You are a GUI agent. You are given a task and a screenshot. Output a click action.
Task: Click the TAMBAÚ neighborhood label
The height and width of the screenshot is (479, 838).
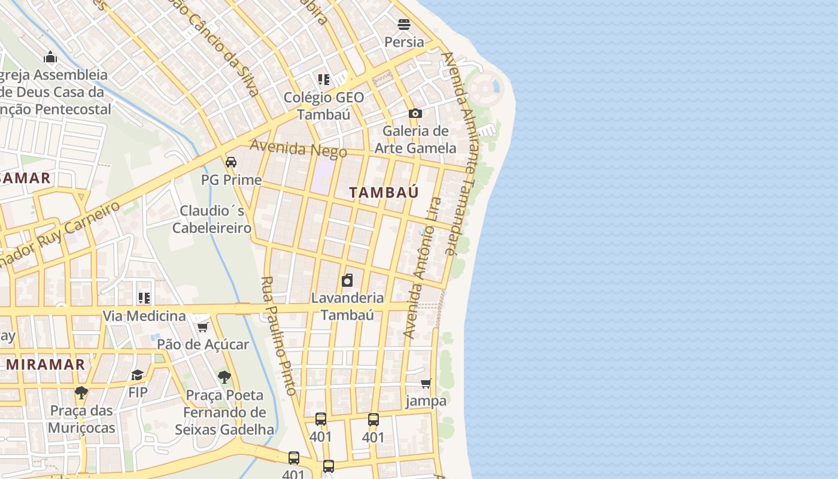pyautogui.click(x=384, y=192)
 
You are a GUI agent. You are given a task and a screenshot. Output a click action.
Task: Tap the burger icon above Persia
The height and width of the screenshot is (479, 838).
pyautogui.click(x=404, y=25)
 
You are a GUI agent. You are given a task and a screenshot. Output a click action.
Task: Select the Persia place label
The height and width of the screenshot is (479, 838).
pyautogui.click(x=404, y=42)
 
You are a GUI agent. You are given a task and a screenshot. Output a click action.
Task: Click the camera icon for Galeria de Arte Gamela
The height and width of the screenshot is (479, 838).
pyautogui.click(x=415, y=113)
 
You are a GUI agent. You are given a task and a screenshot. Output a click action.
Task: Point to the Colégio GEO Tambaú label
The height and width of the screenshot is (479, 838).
pyautogui.click(x=324, y=105)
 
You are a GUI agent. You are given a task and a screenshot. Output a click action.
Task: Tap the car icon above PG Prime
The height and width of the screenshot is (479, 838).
pyautogui.click(x=231, y=162)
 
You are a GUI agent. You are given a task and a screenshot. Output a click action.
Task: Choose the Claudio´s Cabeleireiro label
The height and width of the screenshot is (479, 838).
pyautogui.click(x=212, y=219)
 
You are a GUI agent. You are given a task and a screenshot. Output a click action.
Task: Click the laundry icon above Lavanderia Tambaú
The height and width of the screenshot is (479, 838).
pyautogui.click(x=347, y=280)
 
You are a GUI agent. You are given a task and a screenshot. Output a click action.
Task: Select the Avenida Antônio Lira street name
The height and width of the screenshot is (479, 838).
pyautogui.click(x=422, y=268)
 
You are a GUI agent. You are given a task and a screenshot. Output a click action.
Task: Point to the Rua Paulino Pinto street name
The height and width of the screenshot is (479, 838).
pyautogui.click(x=279, y=335)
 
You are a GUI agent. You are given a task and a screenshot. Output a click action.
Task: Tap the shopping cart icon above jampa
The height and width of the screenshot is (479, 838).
pyautogui.click(x=426, y=383)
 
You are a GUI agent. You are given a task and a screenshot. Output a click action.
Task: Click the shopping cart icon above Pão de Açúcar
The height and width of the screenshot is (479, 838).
pyautogui.click(x=202, y=327)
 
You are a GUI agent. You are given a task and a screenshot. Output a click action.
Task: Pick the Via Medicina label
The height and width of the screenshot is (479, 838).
pyautogui.click(x=144, y=316)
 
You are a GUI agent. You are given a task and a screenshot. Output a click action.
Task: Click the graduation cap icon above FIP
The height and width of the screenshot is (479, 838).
pyautogui.click(x=138, y=375)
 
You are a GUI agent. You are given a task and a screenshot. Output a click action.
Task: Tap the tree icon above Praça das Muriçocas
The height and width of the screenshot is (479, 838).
pyautogui.click(x=81, y=393)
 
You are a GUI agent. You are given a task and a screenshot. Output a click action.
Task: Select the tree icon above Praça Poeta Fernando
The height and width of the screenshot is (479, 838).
pyautogui.click(x=224, y=377)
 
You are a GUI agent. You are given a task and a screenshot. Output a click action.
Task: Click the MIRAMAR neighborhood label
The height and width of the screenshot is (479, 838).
pyautogui.click(x=45, y=364)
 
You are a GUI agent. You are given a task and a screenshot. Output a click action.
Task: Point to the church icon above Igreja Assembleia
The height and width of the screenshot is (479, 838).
pyautogui.click(x=50, y=57)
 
